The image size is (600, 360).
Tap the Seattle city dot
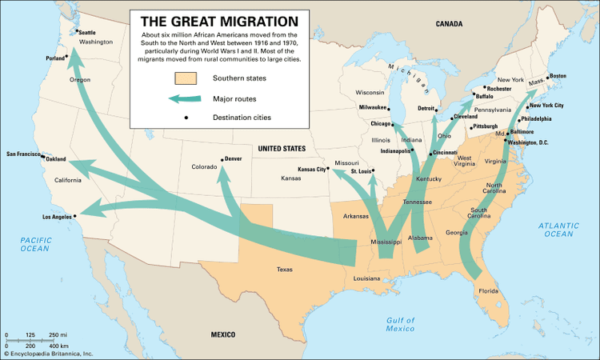click(x=77, y=32)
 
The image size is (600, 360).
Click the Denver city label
click(x=234, y=158)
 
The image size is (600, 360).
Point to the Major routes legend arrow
click(x=185, y=98)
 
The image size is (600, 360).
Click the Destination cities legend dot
click(x=186, y=118)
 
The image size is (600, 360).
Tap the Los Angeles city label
click(x=55, y=217)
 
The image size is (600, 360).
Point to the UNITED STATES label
click(x=281, y=149)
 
